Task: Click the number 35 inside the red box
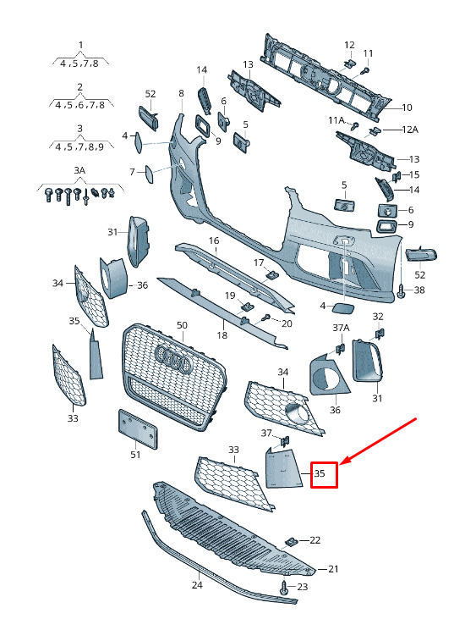point(320,473)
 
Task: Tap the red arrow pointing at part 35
point(378,441)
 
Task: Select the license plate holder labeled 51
point(138,429)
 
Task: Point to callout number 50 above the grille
point(182,325)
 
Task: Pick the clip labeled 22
point(291,542)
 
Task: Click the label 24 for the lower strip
point(197,585)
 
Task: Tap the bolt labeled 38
point(402,291)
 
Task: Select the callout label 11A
point(336,120)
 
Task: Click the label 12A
point(410,130)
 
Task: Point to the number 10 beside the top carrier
point(407,108)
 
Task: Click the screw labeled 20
point(266,317)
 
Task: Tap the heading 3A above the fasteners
point(79,170)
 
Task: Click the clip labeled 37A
point(340,349)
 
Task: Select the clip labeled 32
point(379,334)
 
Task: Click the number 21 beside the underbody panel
point(333,569)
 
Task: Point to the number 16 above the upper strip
point(214,240)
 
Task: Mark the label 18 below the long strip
point(222,335)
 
